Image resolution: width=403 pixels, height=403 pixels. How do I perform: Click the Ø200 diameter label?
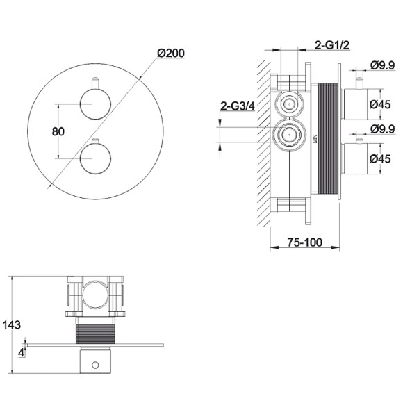point(171,54)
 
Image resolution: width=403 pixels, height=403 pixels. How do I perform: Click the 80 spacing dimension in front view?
point(58,131)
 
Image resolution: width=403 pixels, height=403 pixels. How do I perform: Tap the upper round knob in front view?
point(95,104)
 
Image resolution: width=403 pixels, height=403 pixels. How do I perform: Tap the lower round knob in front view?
point(95,158)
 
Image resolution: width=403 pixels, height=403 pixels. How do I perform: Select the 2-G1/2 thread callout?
point(332,45)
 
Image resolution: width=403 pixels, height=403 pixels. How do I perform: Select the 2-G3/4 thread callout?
point(238,106)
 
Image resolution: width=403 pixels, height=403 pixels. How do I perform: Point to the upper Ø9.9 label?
point(382,65)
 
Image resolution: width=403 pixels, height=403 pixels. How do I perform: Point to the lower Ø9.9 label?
point(382,129)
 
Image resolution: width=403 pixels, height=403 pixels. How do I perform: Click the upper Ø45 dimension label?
point(380,104)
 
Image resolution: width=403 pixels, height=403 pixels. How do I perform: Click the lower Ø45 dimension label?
point(380,158)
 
